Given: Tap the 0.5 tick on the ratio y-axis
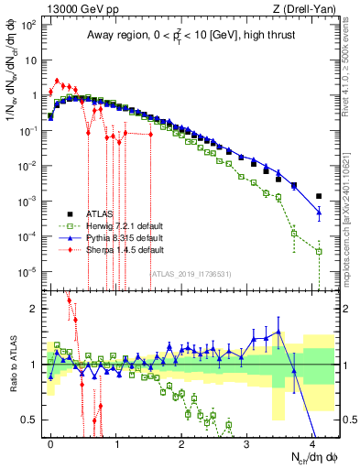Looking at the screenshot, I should pos(32,420).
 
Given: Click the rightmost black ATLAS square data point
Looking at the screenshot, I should pos(319,196).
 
